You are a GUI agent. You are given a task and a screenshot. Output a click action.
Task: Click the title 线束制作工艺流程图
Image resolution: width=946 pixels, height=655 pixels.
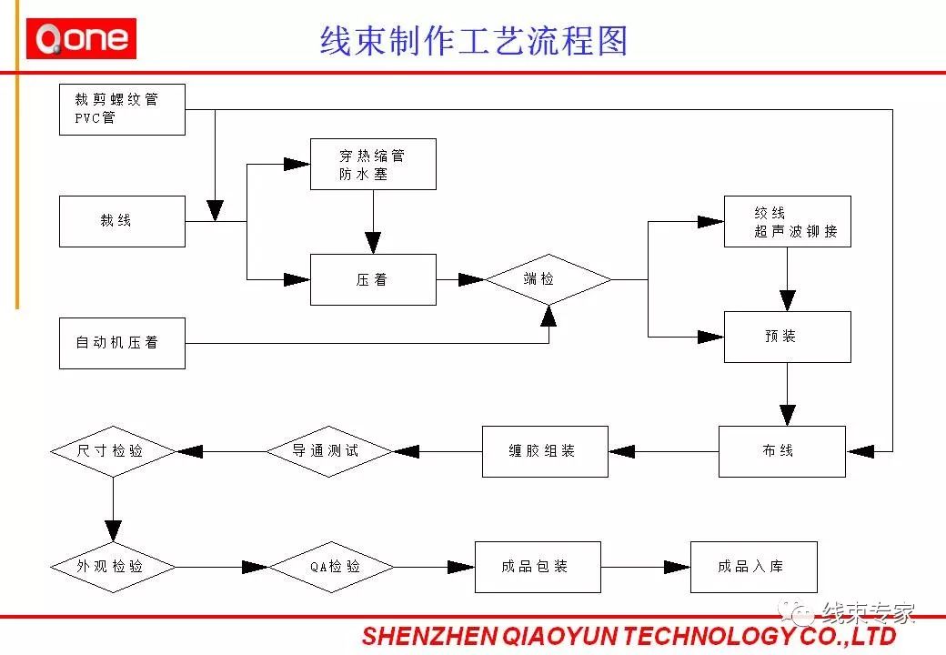[474, 41]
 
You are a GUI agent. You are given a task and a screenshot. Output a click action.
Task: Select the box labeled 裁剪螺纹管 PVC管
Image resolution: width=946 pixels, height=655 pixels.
[122, 109]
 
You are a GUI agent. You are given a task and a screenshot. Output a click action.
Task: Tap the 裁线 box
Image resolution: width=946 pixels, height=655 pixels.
[122, 221]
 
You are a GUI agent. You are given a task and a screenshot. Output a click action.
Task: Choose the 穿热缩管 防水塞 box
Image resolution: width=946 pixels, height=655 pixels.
[373, 165]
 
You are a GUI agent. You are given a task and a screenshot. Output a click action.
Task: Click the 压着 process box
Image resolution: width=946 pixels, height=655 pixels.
[373, 279]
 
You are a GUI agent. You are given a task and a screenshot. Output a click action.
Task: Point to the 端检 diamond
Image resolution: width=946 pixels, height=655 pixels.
[548, 279]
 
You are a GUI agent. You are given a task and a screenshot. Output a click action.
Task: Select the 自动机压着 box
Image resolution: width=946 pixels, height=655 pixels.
[122, 343]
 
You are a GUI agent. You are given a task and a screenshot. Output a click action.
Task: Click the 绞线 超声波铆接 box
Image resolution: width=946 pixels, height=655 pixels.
[788, 221]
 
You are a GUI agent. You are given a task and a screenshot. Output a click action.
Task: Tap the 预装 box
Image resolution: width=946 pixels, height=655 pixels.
[788, 337]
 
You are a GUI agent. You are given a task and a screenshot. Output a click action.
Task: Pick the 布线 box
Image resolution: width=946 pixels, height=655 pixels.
[782, 451]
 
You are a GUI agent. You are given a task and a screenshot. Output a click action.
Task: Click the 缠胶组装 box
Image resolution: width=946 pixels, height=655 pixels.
[545, 451]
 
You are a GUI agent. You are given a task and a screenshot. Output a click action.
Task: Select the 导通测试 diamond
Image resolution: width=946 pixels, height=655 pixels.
[328, 451]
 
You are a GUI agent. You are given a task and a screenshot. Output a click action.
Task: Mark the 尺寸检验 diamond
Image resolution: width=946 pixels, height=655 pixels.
[113, 451]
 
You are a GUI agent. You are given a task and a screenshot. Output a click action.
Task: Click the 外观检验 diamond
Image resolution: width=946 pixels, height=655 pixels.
[113, 567]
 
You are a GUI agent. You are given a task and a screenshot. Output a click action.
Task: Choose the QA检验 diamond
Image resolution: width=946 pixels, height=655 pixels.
[332, 567]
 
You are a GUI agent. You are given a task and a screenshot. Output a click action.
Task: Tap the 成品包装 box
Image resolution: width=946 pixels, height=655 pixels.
[538, 567]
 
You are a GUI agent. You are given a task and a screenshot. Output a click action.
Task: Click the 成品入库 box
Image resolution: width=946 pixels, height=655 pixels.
[754, 567]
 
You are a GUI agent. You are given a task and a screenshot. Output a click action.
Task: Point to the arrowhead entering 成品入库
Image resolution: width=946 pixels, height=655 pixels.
[680, 567]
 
